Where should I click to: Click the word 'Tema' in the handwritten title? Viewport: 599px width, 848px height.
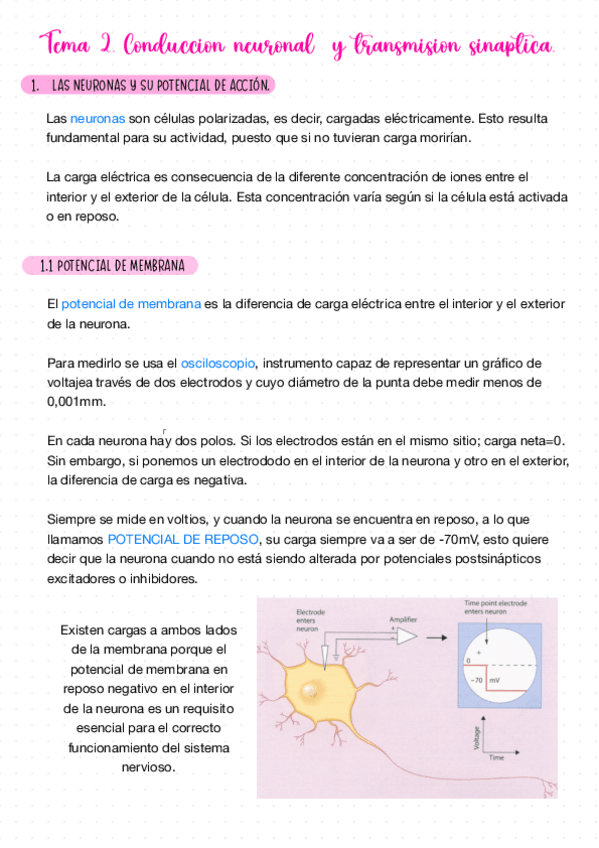coord(68,45)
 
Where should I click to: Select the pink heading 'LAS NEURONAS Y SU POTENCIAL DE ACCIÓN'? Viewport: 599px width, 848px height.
coord(160,86)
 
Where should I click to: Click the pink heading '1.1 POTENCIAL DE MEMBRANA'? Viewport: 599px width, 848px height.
coord(111,266)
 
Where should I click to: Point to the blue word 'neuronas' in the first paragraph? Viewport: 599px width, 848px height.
coord(97,118)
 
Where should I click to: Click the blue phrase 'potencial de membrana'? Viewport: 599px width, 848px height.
coord(131,304)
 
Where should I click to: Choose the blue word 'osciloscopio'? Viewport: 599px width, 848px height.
coord(218,362)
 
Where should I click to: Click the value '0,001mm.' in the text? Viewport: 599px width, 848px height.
coord(75,402)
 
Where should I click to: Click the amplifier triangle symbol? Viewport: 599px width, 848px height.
coord(407,636)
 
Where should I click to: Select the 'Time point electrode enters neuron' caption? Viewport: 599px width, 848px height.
coord(496,607)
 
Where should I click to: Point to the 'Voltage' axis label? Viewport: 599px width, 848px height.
coord(459,738)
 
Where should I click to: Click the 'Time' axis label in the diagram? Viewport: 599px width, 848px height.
coord(496,759)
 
